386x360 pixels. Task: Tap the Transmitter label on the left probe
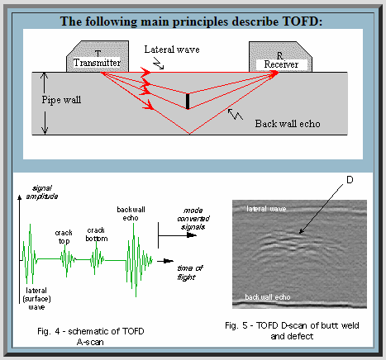(97, 63)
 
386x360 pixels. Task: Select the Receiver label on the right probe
(281, 64)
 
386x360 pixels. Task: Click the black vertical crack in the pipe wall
(188, 102)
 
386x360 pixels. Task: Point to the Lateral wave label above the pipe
(172, 50)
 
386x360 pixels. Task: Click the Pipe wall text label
(61, 100)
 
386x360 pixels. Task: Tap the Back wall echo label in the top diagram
(288, 124)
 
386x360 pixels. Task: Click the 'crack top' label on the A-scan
(64, 237)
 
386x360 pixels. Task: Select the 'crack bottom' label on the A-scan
(97, 234)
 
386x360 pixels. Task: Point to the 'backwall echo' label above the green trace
(131, 214)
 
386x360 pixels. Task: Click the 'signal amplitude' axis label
(42, 192)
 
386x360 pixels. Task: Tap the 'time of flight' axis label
(190, 272)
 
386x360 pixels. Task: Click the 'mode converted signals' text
(193, 219)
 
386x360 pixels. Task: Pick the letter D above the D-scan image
(350, 180)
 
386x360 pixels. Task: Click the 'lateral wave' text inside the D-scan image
(266, 209)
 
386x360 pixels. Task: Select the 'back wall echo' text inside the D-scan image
(268, 297)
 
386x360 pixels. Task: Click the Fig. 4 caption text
(91, 336)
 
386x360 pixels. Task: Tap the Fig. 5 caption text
(292, 331)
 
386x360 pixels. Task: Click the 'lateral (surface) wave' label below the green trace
(36, 299)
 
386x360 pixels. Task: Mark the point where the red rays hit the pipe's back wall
(189, 134)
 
